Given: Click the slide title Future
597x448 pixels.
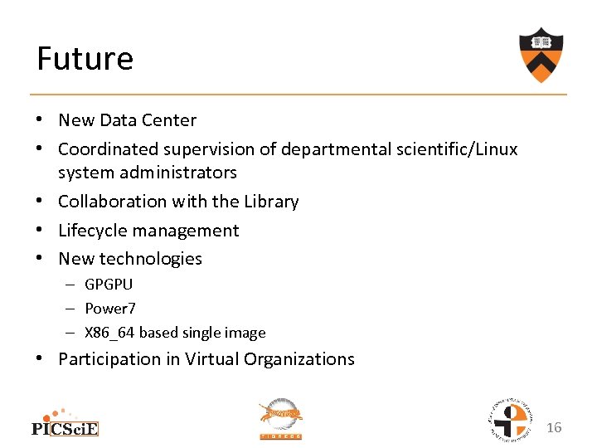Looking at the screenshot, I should (x=85, y=59).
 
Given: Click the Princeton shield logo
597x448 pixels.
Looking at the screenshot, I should (x=541, y=54).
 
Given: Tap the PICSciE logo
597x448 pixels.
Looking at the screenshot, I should (x=65, y=423).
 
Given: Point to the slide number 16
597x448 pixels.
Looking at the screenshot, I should (x=554, y=427).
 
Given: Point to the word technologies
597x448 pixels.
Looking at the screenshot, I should (x=150, y=259).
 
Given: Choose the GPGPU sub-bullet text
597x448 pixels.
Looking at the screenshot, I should (x=109, y=285).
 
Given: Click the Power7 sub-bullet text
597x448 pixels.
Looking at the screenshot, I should (x=110, y=309).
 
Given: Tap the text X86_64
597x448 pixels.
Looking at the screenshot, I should (x=109, y=333).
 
